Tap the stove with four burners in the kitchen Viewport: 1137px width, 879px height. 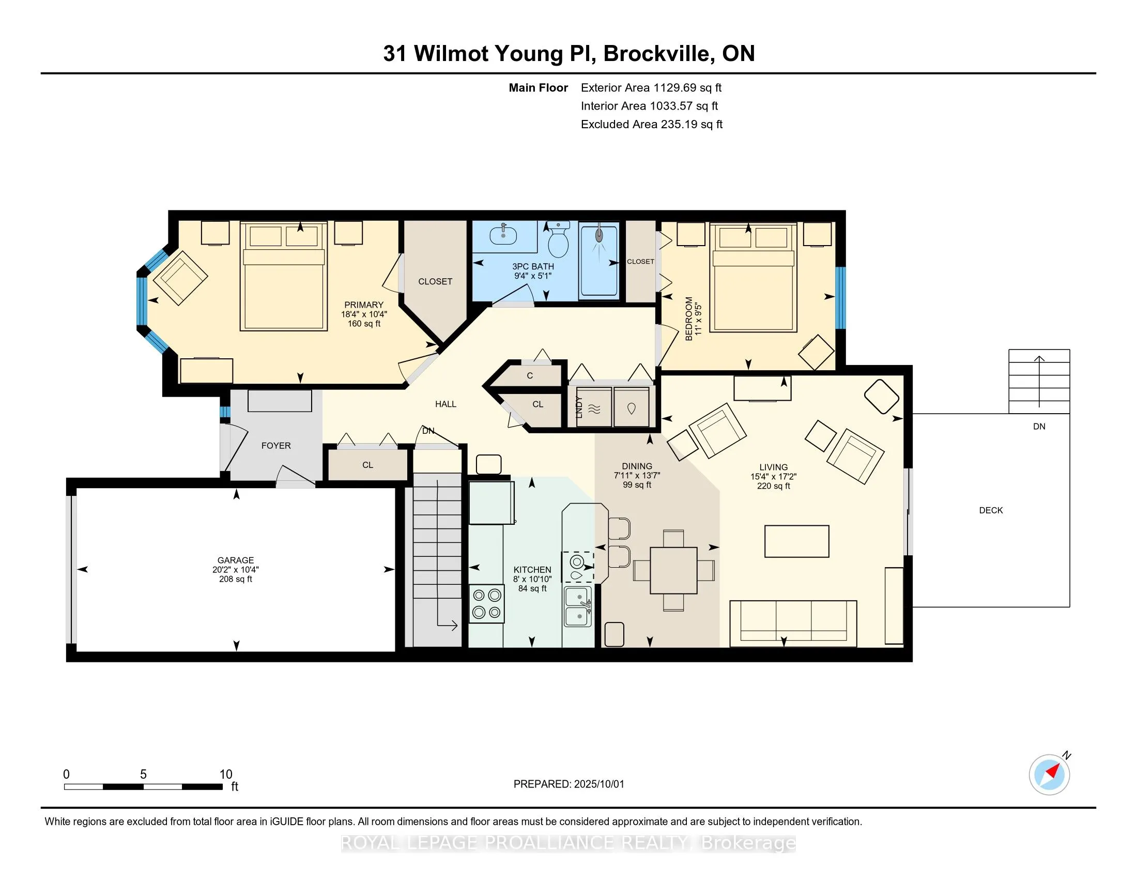487,604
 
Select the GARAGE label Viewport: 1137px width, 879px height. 236,560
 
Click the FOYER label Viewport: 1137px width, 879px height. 276,446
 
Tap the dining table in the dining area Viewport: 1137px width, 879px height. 673,570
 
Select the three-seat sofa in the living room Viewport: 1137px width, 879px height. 793,624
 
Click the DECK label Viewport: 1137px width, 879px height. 991,510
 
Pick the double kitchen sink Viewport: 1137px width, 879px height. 578,606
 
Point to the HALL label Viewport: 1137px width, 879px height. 445,404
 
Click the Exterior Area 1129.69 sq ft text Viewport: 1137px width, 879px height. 651,87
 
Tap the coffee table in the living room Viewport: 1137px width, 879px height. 796,541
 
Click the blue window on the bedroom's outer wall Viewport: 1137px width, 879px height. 840,298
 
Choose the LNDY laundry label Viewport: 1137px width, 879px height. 578,408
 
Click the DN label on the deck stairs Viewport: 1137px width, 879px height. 1039,427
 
